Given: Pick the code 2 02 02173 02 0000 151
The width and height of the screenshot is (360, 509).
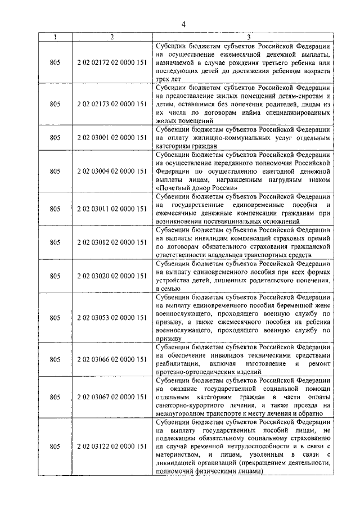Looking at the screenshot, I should pyautogui.click(x=112, y=104).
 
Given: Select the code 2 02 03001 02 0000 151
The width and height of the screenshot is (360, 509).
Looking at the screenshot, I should pyautogui.click(x=112, y=137).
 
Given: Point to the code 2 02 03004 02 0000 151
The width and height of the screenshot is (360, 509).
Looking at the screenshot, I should pyautogui.click(x=112, y=170).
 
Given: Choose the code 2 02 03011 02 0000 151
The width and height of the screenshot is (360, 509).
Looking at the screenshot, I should pyautogui.click(x=112, y=209).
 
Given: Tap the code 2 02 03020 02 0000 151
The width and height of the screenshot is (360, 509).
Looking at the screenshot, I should pyautogui.click(x=112, y=276).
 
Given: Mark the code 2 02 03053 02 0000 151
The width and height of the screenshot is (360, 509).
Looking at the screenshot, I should pyautogui.click(x=112, y=317).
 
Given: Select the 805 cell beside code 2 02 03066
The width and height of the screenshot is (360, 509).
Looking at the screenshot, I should pyautogui.click(x=55, y=359).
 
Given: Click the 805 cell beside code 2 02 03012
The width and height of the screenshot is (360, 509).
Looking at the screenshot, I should pyautogui.click(x=55, y=242).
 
